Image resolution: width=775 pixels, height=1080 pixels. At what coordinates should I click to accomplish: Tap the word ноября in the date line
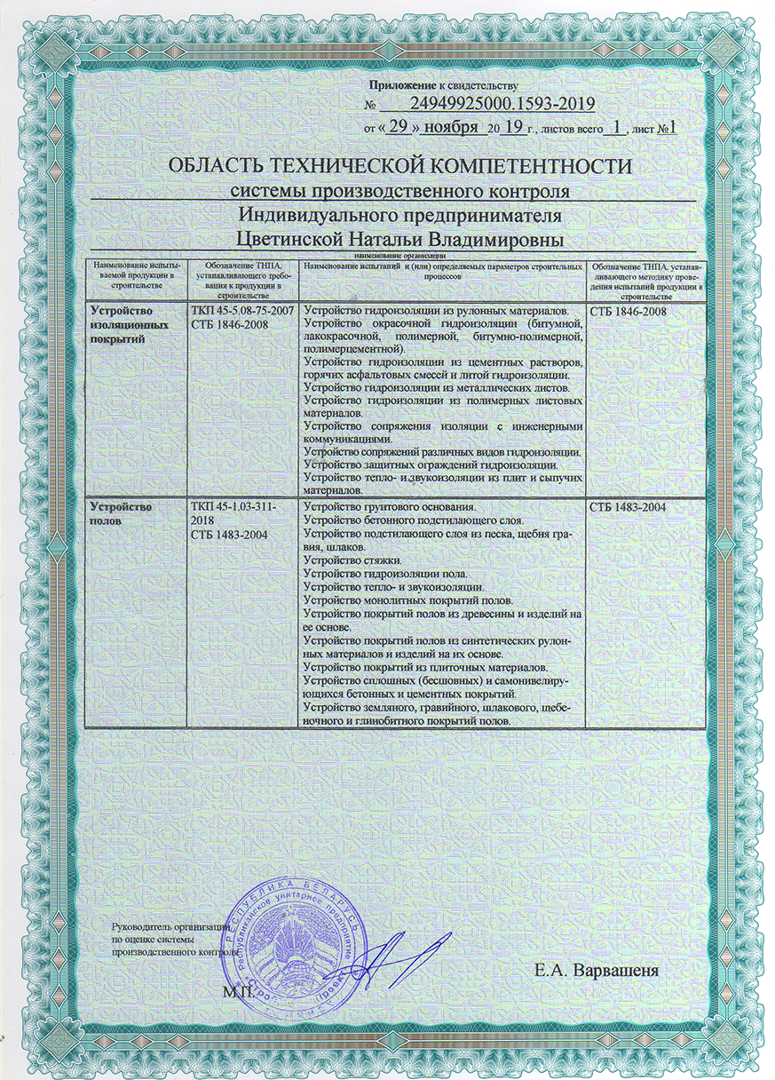[x=451, y=127]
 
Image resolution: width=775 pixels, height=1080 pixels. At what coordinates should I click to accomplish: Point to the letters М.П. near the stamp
[x=238, y=989]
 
